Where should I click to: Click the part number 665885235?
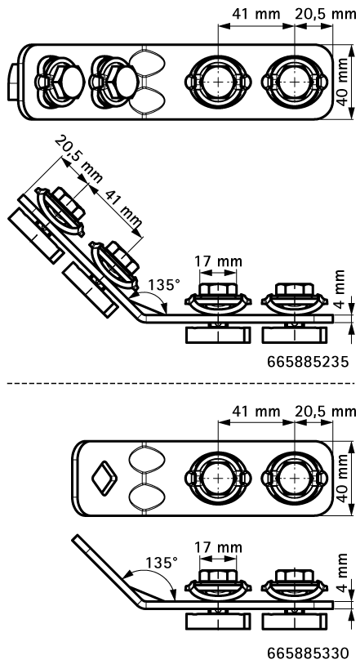point(308,360)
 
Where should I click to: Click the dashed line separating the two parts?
point(180,382)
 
